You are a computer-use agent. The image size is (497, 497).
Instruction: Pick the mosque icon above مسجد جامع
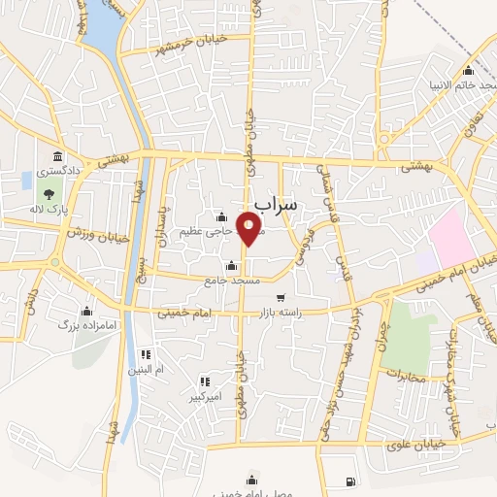tap(231, 266)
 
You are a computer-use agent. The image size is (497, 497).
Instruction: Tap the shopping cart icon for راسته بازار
tap(281, 298)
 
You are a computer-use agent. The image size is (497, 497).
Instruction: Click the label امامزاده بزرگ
tap(86, 325)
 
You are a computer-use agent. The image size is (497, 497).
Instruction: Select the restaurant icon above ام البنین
tap(146, 355)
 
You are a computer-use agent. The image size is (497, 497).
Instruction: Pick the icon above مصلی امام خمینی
tap(253, 478)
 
